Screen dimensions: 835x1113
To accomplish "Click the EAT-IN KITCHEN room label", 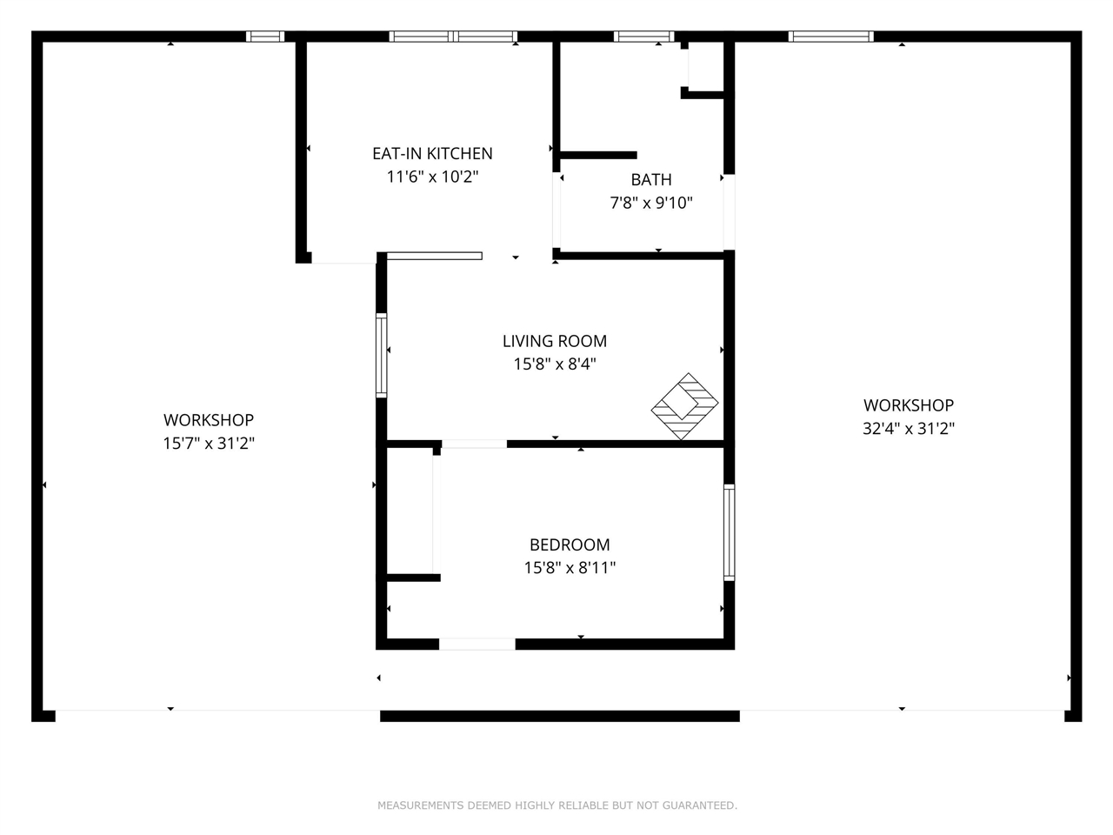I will tap(432, 154).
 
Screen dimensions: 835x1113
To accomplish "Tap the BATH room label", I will tap(651, 180).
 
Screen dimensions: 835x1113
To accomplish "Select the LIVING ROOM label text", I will tap(555, 342).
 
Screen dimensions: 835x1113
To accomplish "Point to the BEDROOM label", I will tap(570, 545).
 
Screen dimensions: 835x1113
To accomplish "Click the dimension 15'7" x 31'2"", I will tap(209, 444).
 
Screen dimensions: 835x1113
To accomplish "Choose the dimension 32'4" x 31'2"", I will tap(909, 429).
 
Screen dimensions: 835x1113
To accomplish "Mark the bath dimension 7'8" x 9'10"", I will tap(651, 204).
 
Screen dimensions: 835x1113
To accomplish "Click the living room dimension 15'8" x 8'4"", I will tap(555, 364).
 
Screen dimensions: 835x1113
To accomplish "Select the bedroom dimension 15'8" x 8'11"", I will tap(570, 568).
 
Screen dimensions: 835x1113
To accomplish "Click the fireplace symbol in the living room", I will tap(685, 405).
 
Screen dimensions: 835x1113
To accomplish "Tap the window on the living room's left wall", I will tap(381, 355).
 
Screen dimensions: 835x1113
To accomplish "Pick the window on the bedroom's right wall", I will tap(729, 532).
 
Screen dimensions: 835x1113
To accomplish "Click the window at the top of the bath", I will tap(643, 37).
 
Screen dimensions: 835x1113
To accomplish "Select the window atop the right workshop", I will tap(830, 37).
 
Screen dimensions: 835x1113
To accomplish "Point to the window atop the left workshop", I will tap(265, 37).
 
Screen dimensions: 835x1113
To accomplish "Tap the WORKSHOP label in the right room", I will tap(909, 405).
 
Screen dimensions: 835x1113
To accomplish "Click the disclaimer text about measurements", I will tap(556, 805).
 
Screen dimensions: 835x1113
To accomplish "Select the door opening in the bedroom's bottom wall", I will tap(477, 645).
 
